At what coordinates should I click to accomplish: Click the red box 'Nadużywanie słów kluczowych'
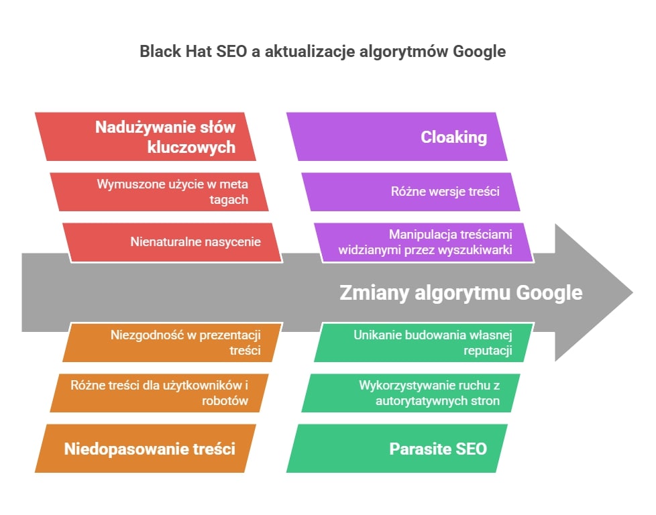pos(145,136)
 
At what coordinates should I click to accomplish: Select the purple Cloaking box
pos(397,136)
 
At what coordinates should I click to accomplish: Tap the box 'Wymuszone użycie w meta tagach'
pos(159,192)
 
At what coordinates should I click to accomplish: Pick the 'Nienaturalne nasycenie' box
pos(172,243)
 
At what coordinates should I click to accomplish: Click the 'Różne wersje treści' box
pos(411,192)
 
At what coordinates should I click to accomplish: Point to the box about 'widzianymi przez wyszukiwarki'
pos(424,243)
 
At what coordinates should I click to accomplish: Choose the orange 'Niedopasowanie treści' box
pos(145,449)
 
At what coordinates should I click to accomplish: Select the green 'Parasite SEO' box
pos(397,449)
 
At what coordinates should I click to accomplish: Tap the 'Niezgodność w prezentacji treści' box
pos(172,342)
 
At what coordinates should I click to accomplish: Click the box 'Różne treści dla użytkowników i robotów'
pos(159,393)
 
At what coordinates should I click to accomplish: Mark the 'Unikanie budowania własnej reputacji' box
pos(424,342)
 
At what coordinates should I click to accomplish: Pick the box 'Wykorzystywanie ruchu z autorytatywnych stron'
pos(411,393)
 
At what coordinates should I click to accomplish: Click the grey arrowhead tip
pos(633,292)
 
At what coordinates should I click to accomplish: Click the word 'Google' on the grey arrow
pos(549,293)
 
